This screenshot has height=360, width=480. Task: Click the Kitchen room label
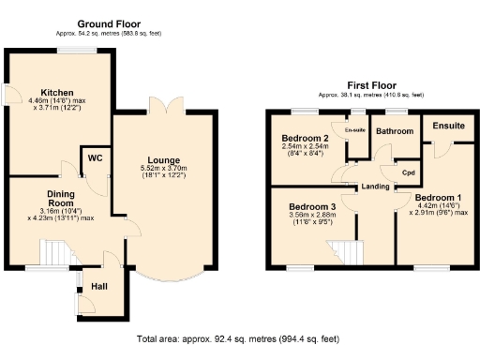44,93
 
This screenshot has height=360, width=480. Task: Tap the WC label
95,157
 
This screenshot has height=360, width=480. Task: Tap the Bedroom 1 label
438,198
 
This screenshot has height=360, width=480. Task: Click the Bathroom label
394,132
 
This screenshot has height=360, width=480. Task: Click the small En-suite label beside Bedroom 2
356,129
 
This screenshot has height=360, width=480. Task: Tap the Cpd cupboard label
409,173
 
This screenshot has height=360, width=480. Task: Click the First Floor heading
369,83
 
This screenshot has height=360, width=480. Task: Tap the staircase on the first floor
344,249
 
